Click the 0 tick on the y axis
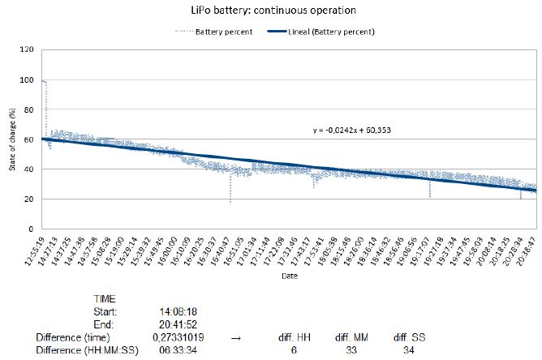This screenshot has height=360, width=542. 32,229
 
